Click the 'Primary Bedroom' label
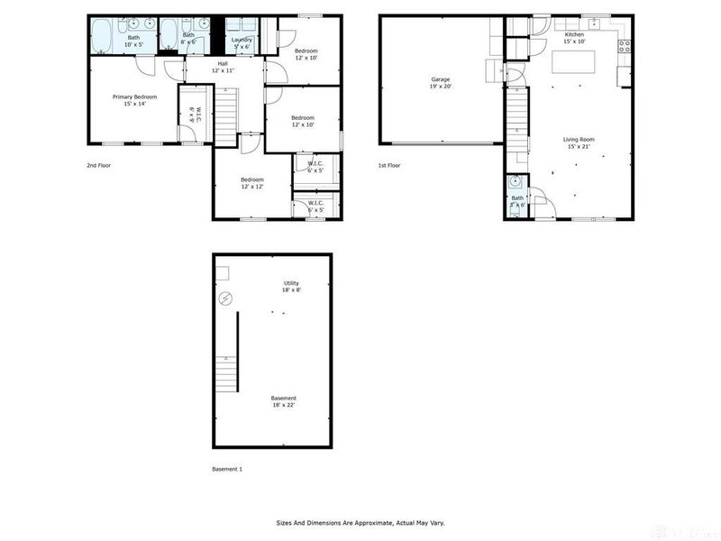pos(134,96)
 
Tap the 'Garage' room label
pos(440,79)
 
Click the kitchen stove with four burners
pos(624,47)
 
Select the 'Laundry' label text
pos(242,40)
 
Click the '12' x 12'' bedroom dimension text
pos(251,187)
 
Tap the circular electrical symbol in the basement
pos(226,299)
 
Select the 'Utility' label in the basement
pos(291,283)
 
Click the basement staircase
pos(226,371)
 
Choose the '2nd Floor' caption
pos(99,166)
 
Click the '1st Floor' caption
pos(389,166)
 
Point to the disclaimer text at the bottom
pos(360,522)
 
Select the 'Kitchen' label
pos(574,34)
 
